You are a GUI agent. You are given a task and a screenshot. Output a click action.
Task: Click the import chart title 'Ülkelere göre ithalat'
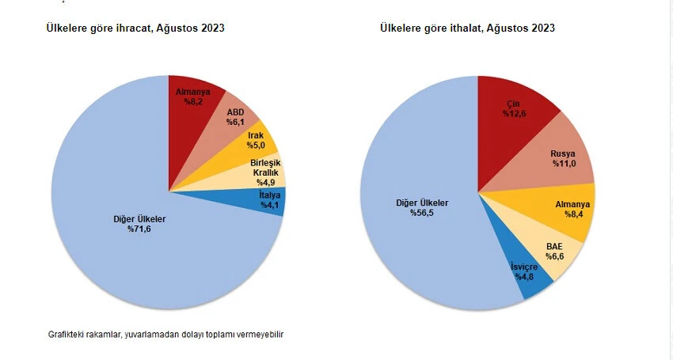467,28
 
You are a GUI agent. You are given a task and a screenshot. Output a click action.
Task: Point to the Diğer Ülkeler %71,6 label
140,224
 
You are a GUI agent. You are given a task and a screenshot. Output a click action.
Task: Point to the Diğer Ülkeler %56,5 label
422,207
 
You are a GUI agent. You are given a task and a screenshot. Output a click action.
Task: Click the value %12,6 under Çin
514,114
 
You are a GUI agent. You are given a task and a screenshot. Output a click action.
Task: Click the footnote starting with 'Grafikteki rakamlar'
165,335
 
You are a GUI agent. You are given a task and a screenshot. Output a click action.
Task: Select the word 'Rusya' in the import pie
562,153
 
